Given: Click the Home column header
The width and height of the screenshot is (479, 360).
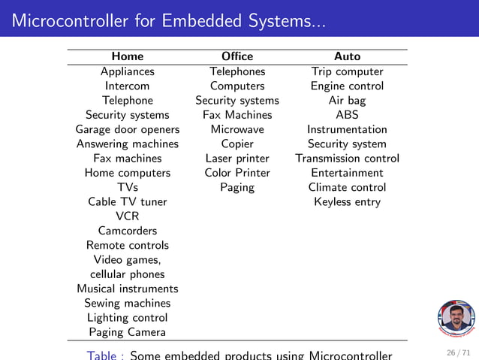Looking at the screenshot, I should (x=127, y=56).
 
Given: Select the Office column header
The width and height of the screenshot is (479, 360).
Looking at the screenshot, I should (x=237, y=56).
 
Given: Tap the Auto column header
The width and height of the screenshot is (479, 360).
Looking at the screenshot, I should (x=347, y=56).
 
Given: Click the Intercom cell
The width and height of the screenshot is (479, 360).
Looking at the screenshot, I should (x=128, y=86).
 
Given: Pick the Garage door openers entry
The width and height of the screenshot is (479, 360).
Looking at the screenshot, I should (x=128, y=129).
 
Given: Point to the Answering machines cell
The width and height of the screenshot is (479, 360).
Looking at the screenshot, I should (x=128, y=144).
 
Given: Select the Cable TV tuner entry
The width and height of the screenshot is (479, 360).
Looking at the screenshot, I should (x=128, y=201).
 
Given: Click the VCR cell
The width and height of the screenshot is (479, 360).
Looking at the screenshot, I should (x=128, y=216).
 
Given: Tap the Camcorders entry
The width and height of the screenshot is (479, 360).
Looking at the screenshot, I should (x=128, y=231).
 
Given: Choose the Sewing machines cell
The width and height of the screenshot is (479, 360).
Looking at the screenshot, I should (x=128, y=303).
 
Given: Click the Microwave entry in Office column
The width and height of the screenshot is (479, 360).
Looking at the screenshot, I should (x=237, y=129).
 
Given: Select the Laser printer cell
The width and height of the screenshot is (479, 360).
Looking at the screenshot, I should (x=237, y=158).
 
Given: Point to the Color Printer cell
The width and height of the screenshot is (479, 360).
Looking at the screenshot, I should (x=237, y=173).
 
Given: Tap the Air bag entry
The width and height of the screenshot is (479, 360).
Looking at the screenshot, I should (x=347, y=100).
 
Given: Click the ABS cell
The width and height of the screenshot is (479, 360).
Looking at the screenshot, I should (x=347, y=115).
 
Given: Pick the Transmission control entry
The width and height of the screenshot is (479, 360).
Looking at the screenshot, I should (x=347, y=158).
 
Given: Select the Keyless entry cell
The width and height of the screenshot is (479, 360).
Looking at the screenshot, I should (x=347, y=201).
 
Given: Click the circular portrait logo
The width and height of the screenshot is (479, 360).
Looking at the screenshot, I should (x=456, y=319).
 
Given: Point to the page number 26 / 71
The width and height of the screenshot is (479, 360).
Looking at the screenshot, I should (x=459, y=352).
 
